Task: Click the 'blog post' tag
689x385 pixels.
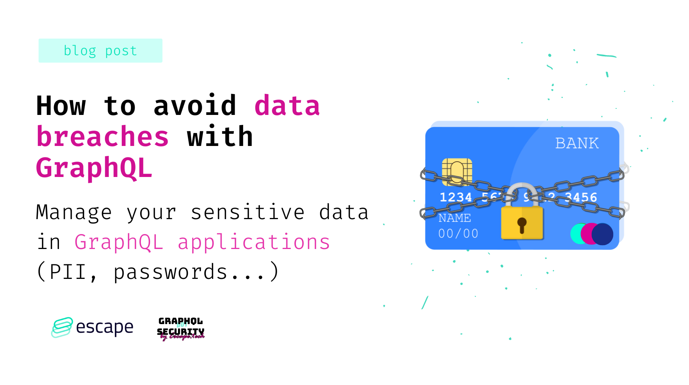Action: [x=100, y=51]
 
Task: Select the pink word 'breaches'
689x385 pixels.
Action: [x=102, y=136]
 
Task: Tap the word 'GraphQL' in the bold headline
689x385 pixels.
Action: [x=94, y=168]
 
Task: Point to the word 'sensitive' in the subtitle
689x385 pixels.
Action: [x=247, y=212]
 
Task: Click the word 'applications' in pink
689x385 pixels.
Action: [x=254, y=242]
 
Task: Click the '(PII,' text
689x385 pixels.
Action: [x=67, y=272]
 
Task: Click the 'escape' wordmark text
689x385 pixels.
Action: [x=104, y=327]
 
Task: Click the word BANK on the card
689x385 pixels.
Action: [x=577, y=143]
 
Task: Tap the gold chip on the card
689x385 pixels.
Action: [x=457, y=171]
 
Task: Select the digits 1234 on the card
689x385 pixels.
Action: [x=456, y=197]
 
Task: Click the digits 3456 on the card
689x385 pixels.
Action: [x=581, y=197]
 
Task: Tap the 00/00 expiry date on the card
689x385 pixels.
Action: [x=458, y=233]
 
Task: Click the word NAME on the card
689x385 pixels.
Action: [x=455, y=218]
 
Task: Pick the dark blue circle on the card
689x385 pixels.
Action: [x=603, y=234]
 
